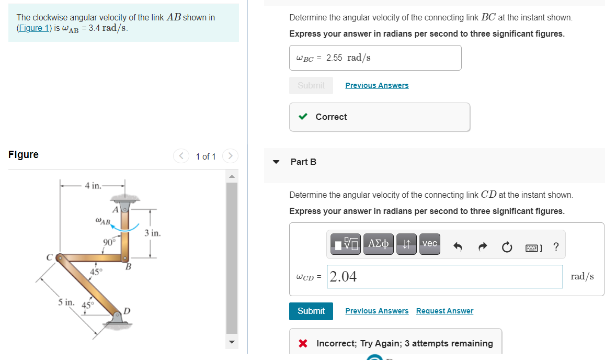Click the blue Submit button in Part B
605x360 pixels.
point(311,311)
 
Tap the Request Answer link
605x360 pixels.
point(444,311)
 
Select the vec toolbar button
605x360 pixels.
point(429,244)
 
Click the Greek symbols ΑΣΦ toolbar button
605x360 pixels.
point(379,244)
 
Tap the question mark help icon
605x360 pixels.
point(555,247)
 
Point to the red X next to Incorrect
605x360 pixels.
point(302,344)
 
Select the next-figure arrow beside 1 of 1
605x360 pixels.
point(230,156)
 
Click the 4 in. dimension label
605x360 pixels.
point(93,186)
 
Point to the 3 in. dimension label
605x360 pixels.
point(153,232)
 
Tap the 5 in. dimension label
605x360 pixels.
point(66,302)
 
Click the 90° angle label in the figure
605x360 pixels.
point(109,242)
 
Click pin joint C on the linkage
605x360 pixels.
point(60,257)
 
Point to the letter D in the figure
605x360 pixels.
point(126,311)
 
